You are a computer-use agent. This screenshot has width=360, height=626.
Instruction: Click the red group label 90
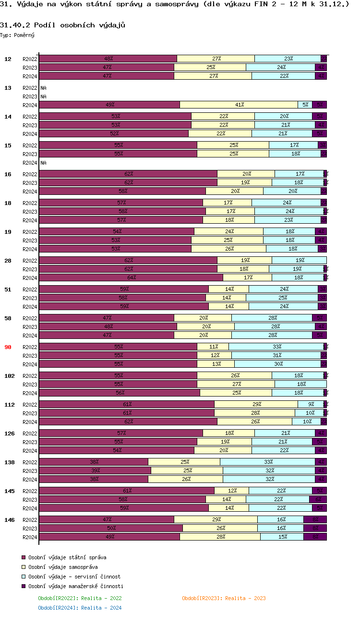coord(8,347)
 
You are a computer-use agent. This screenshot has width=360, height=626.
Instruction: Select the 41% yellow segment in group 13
coord(239,105)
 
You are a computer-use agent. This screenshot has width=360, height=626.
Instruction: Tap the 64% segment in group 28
coord(131,278)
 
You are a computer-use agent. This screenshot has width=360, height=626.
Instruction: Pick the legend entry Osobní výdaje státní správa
coord(67,557)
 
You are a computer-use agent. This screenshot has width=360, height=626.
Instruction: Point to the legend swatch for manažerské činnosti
coord(23,586)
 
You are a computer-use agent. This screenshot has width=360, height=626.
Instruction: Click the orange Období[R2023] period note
coord(224,598)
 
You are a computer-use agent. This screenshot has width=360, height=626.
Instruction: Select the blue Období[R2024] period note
coord(80,608)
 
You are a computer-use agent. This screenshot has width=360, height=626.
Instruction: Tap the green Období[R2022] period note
coord(80,598)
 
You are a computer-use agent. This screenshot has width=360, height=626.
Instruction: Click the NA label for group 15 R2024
coord(43,163)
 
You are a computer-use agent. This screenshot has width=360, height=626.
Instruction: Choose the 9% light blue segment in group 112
coord(311,405)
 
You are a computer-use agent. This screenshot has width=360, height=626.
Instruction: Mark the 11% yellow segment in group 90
coord(213,347)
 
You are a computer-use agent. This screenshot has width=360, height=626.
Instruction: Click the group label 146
coord(9,520)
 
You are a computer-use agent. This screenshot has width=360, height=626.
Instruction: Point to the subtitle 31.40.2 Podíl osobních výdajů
coord(63,24)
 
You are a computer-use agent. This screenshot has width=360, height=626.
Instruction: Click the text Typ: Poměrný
coord(17,35)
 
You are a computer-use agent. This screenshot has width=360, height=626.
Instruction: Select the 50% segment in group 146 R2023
coord(111,529)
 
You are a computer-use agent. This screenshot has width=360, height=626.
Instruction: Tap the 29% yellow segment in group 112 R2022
coord(256,405)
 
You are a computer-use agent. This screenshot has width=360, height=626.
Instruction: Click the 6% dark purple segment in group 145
coord(318,500)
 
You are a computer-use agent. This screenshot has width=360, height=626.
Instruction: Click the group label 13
coord(8,88)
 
